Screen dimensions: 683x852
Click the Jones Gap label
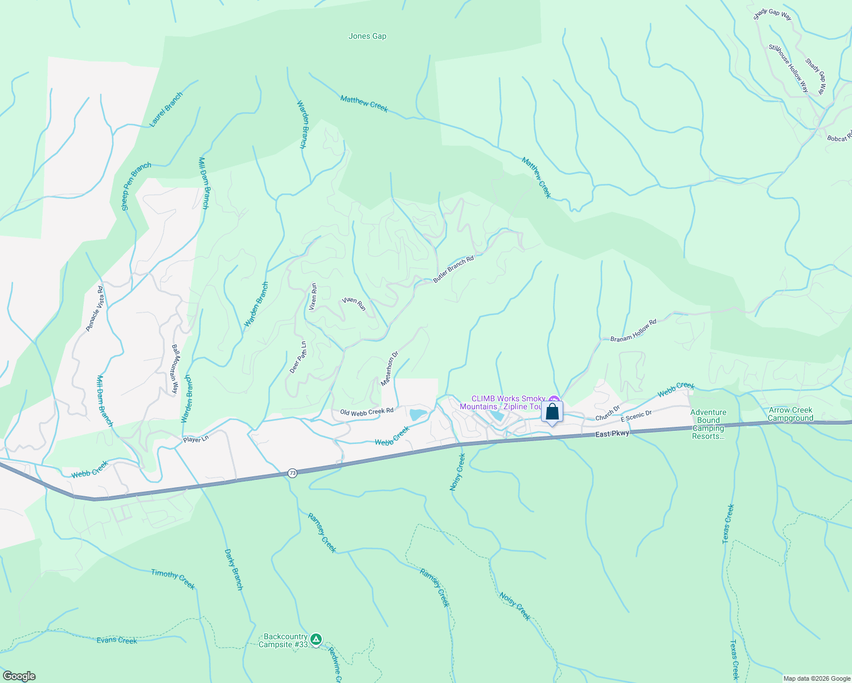point(367,36)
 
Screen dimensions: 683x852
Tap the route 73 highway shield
point(292,473)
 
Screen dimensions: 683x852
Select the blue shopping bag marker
point(552,412)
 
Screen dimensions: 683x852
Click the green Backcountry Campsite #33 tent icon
point(316,640)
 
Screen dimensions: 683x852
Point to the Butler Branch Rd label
point(453,269)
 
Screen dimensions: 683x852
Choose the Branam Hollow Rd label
point(633,330)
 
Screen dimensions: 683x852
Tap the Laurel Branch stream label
point(166,109)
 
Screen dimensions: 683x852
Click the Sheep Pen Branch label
point(137,186)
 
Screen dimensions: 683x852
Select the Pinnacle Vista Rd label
point(95,308)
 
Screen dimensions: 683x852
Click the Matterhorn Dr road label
point(390,369)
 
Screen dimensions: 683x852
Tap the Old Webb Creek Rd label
point(367,412)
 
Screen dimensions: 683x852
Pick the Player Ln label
point(196,439)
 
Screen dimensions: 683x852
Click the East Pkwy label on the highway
point(613,434)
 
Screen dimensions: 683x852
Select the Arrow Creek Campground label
point(790,414)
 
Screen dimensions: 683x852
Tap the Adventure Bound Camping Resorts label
point(708,424)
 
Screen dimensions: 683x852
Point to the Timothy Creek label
point(173,579)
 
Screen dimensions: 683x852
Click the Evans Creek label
point(117,640)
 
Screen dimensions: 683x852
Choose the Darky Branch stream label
point(234,569)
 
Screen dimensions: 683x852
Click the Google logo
point(19,676)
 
